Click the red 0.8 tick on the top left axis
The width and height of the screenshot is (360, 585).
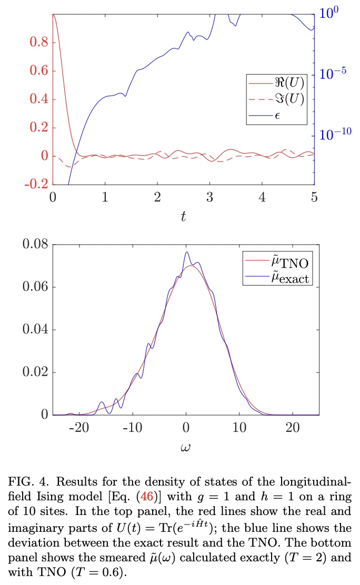click(36, 43)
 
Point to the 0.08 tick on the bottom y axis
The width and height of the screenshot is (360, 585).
click(35, 245)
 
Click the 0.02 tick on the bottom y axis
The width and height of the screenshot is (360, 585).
click(35, 372)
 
